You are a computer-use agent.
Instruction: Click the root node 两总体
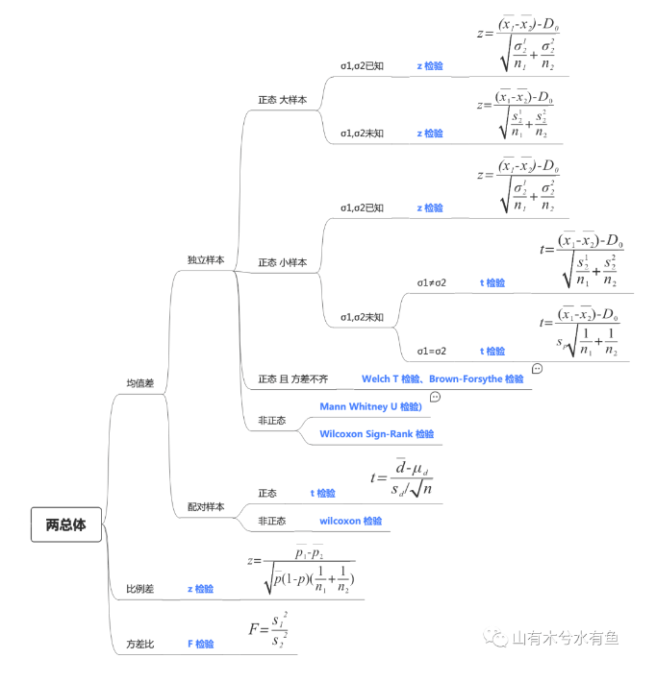pyautogui.click(x=65, y=525)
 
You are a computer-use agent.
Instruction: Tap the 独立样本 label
pyautogui.click(x=206, y=260)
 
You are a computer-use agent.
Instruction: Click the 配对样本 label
pyautogui.click(x=206, y=506)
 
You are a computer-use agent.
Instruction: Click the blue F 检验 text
pyautogui.click(x=200, y=644)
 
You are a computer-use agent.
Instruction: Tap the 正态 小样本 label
pyautogui.click(x=283, y=262)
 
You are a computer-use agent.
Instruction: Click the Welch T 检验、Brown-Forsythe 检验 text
pyautogui.click(x=442, y=379)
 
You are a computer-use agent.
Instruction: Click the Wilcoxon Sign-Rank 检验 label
pyautogui.click(x=376, y=434)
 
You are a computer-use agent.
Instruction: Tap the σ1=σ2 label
pyautogui.click(x=431, y=352)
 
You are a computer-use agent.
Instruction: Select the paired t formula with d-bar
pyautogui.click(x=401, y=477)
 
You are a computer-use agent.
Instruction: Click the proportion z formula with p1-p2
pyautogui.click(x=301, y=568)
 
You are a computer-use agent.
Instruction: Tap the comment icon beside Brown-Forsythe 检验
pyautogui.click(x=537, y=369)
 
